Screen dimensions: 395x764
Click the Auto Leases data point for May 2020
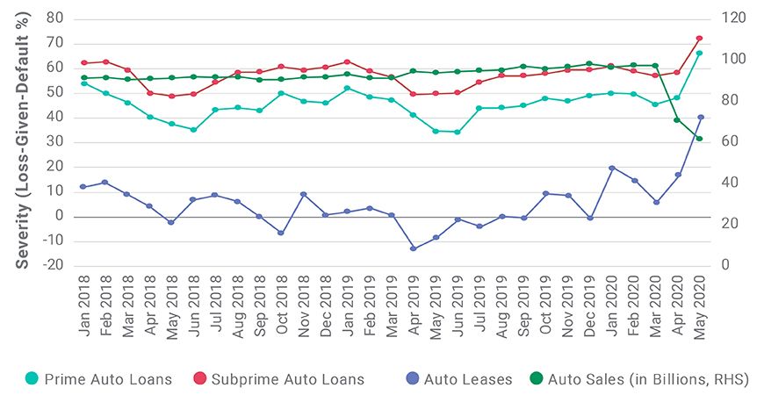point(700,117)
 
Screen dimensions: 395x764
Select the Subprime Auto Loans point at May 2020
point(700,39)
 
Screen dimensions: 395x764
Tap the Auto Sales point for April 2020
point(677,120)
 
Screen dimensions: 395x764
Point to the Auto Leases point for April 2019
point(413,248)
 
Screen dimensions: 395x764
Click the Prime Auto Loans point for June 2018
point(193,130)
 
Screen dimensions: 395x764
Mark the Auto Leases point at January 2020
point(611,168)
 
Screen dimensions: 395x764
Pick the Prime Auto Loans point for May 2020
point(700,53)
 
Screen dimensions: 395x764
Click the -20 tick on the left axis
point(55,266)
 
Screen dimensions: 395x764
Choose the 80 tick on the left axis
point(57,18)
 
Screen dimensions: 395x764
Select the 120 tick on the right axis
point(733,18)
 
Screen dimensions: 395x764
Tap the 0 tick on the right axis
point(725,266)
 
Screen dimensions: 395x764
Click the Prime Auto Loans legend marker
point(32,379)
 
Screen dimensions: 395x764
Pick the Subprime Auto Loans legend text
point(302,379)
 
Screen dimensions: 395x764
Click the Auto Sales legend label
point(647,379)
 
